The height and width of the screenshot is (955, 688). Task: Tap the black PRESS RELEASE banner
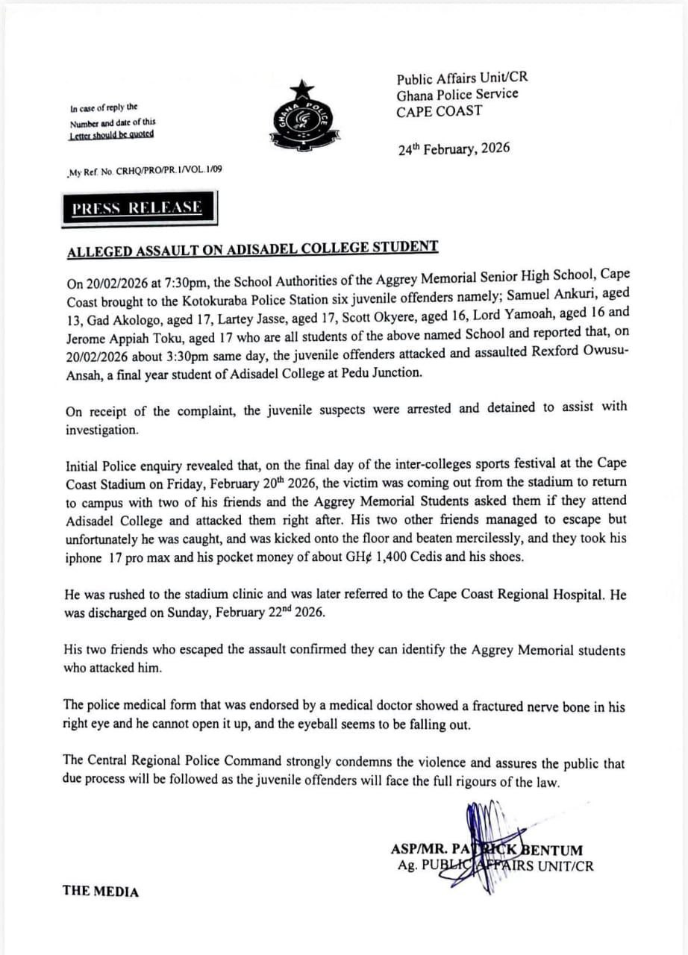point(137,208)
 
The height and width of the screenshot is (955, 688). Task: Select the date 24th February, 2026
point(454,148)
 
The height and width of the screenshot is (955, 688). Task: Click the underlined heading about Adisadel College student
point(252,250)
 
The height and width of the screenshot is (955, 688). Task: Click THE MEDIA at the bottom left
point(101,891)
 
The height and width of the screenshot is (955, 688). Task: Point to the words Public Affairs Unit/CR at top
point(462,78)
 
